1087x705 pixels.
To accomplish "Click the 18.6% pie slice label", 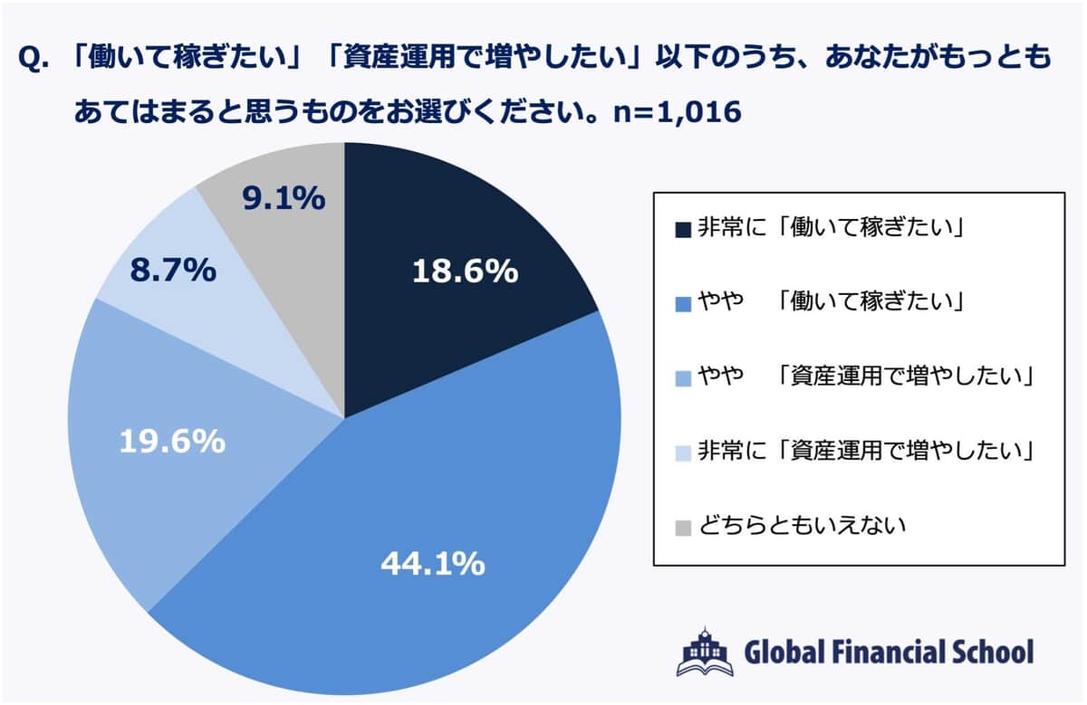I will [x=465, y=271].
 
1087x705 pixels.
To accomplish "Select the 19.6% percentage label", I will [x=172, y=442].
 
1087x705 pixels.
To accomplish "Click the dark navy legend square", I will [x=682, y=228].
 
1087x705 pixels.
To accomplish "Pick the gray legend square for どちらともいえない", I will [x=682, y=525].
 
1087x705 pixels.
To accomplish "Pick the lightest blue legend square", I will [x=682, y=451].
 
